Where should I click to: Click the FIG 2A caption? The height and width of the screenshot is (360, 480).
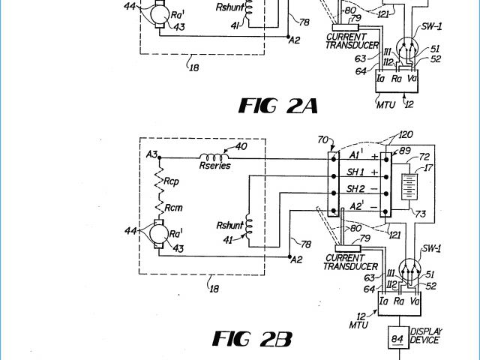[277, 105]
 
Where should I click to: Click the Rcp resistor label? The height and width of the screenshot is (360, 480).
[172, 180]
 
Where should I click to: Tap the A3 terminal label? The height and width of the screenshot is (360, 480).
[152, 155]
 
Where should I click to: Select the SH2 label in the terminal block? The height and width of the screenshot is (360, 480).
[355, 189]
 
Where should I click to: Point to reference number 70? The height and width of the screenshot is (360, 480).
[324, 140]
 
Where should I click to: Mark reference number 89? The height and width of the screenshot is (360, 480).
[405, 151]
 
